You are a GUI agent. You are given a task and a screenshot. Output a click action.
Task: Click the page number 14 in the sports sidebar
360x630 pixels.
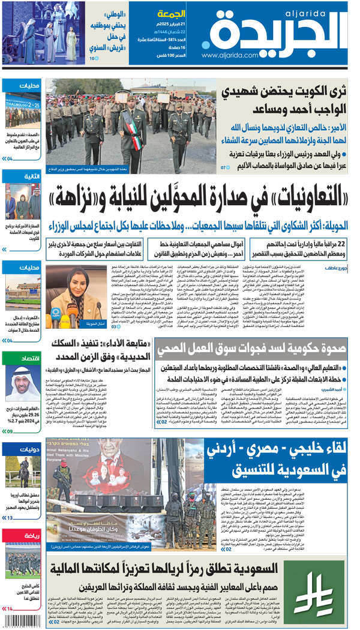[x=8, y=609]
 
